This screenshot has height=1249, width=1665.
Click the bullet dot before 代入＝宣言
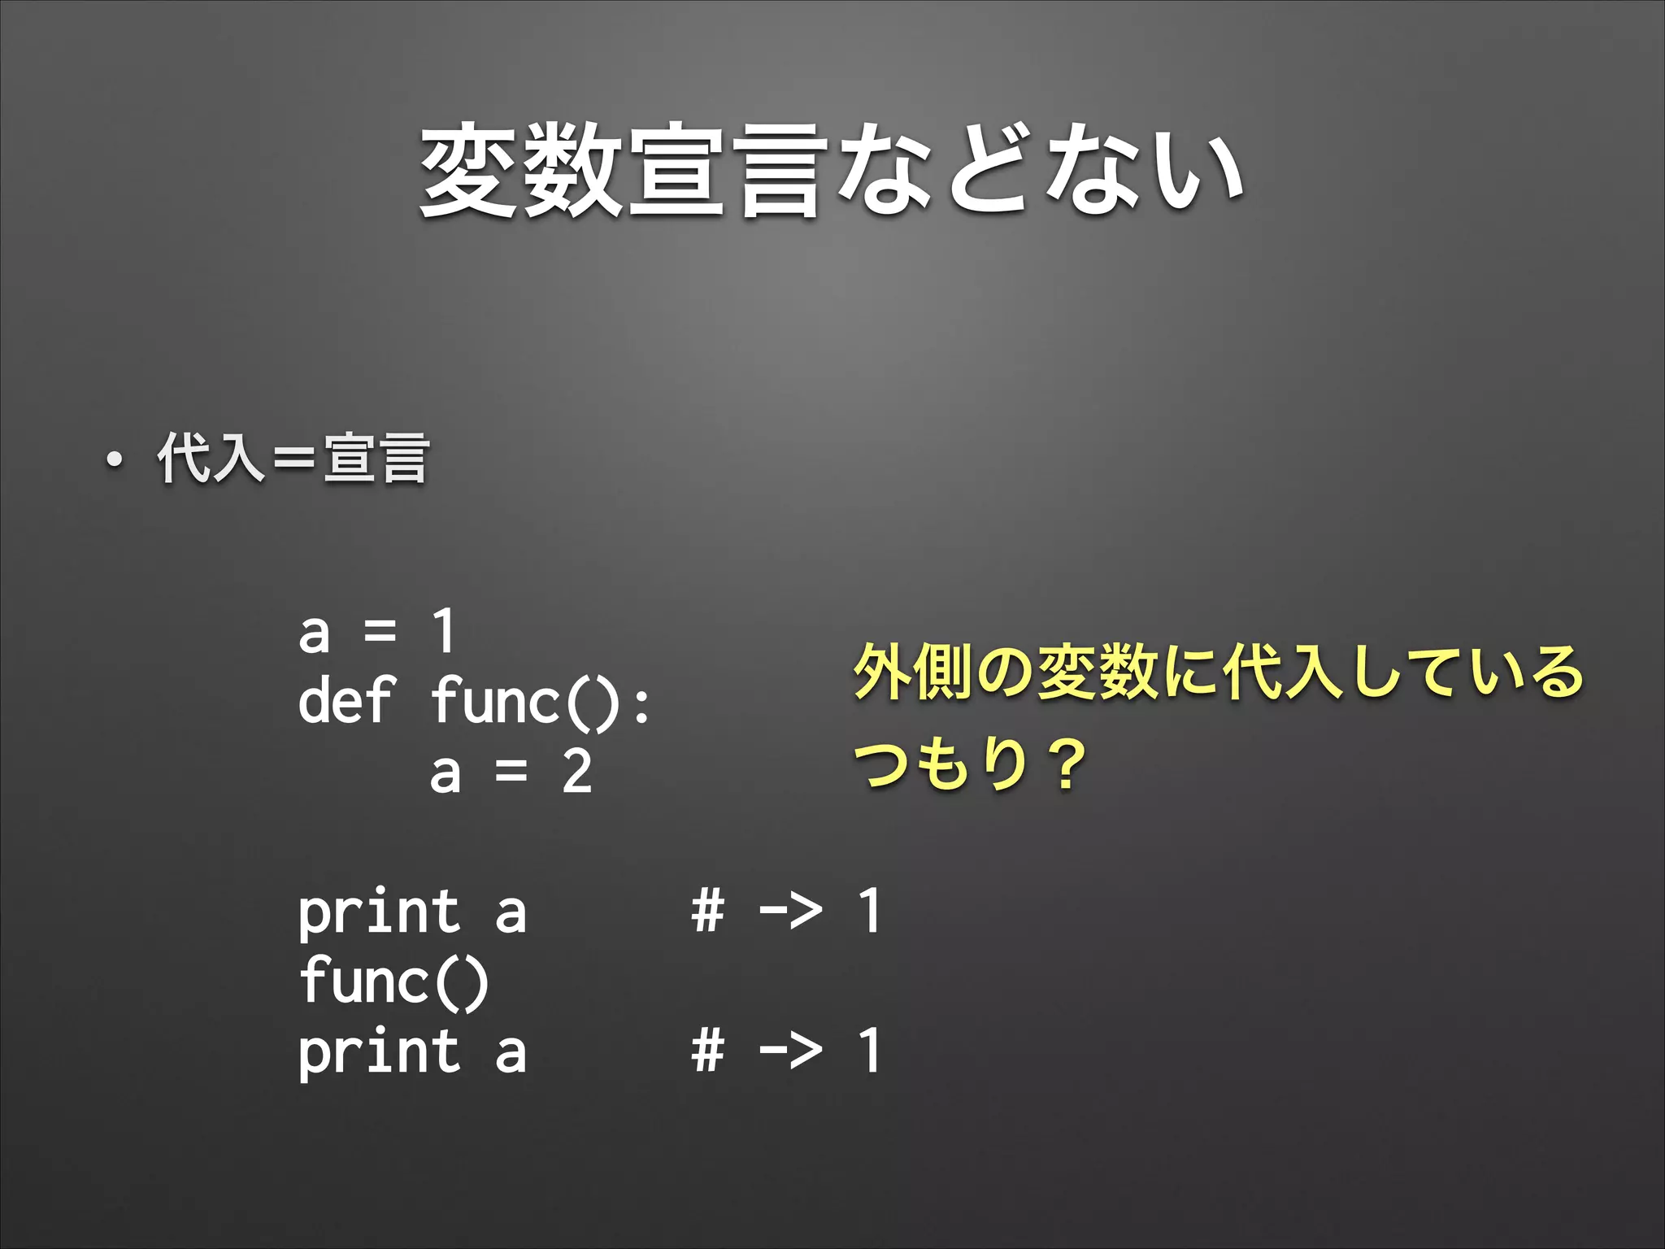(x=115, y=461)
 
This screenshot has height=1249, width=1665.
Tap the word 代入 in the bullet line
(x=211, y=459)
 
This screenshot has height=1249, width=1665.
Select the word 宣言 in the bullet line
(x=376, y=459)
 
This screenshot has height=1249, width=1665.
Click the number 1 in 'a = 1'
(x=443, y=631)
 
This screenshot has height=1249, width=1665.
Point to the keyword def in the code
(x=346, y=701)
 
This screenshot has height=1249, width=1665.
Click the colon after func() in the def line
(x=641, y=704)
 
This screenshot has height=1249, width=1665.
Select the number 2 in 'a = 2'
(x=576, y=772)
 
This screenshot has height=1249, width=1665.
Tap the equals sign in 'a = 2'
(x=511, y=772)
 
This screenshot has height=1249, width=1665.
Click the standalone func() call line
(x=394, y=981)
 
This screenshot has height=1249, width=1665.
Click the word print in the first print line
(x=379, y=913)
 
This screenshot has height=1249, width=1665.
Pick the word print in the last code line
(x=379, y=1053)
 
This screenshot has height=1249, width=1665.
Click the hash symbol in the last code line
(x=707, y=1050)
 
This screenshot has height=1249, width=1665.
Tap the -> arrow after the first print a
(x=790, y=911)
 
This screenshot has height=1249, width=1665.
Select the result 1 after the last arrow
(x=870, y=1050)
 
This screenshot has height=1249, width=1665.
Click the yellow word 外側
(x=912, y=672)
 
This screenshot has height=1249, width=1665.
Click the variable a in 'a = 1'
(x=315, y=633)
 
